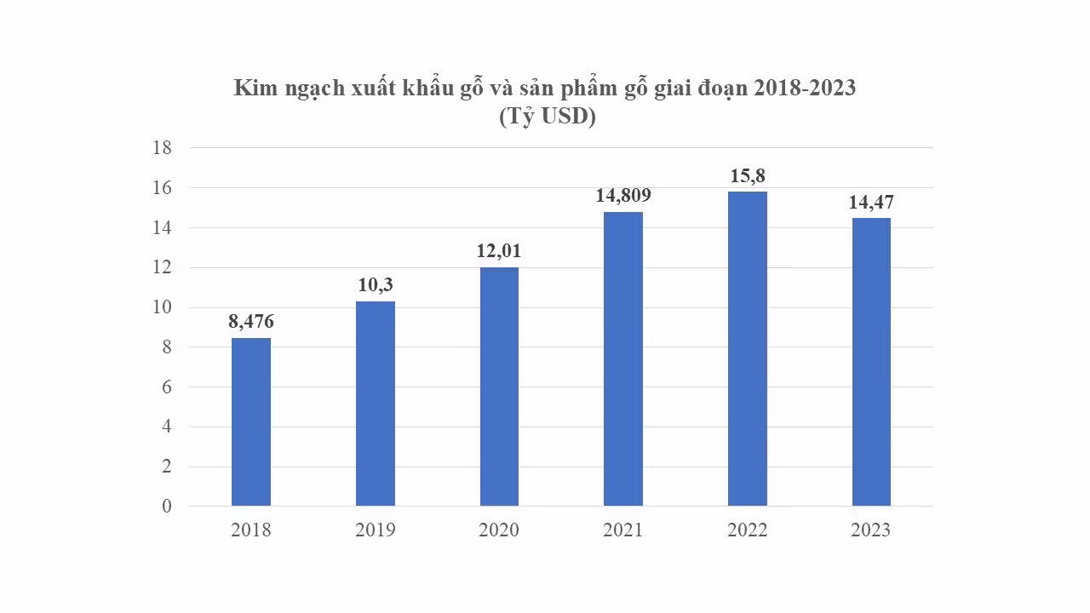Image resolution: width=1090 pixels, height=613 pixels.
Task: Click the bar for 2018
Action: point(250,422)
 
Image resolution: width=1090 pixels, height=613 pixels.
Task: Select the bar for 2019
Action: point(375,404)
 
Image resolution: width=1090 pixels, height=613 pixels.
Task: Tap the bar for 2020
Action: point(499,387)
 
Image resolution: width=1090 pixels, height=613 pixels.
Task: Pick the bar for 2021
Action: point(622,358)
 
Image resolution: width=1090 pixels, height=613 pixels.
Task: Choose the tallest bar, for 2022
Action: point(747,349)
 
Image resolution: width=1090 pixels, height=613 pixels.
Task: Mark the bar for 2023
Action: point(871,362)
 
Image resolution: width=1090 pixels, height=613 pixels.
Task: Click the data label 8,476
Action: point(250,322)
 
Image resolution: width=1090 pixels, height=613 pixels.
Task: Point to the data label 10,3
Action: point(375,285)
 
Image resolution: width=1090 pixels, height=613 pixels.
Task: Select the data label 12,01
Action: point(499,251)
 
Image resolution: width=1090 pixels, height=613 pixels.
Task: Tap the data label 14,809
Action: point(622,195)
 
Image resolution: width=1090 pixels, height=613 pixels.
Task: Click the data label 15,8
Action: point(747,175)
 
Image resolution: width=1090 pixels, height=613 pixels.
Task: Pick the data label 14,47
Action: point(871,203)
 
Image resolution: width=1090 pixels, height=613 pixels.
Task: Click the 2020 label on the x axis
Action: point(499,530)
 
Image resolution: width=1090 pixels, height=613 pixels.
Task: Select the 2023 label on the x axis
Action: point(871,530)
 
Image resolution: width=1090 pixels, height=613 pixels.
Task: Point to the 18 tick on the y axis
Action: point(162,148)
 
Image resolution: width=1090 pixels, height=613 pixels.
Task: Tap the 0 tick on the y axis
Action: point(167,507)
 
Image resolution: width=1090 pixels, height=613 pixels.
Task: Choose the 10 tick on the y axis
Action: point(162,307)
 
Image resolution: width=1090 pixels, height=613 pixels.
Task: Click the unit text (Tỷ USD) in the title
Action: point(547,117)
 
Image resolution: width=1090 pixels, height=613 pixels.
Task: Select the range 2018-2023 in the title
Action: point(804,89)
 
